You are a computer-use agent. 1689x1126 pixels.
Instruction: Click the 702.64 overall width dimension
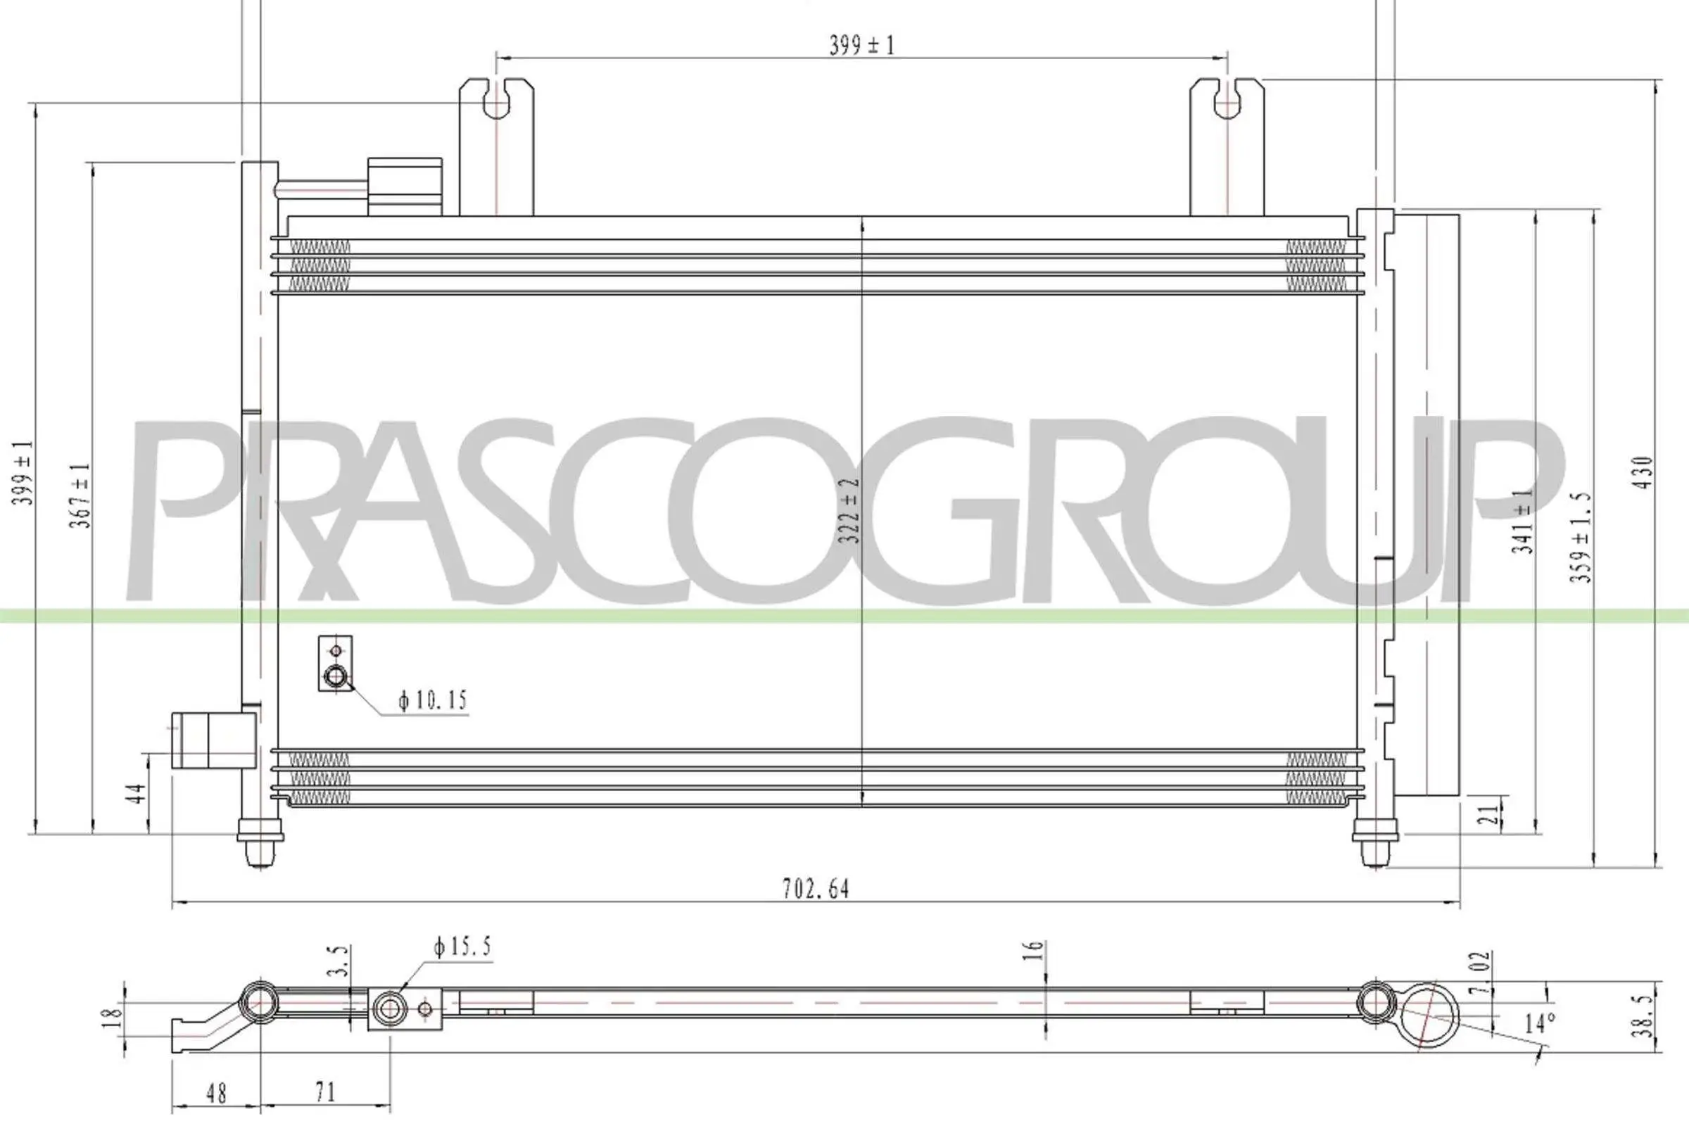815,890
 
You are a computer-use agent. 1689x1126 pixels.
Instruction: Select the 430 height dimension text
1644,473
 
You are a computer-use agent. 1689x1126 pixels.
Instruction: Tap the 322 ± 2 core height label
851,511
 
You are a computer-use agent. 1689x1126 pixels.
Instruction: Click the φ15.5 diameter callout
462,948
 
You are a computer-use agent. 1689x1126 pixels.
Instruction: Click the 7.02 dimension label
1480,973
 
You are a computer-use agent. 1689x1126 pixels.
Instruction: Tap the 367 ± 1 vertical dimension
80,495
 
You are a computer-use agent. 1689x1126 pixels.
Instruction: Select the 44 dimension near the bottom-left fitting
136,794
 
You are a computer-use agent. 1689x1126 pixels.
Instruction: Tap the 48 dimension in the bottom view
215,1094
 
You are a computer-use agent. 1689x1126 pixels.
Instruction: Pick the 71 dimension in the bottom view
324,1092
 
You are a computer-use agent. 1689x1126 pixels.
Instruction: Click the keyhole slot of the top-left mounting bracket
496,100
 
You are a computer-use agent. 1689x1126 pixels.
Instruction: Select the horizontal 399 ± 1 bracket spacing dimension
861,45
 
